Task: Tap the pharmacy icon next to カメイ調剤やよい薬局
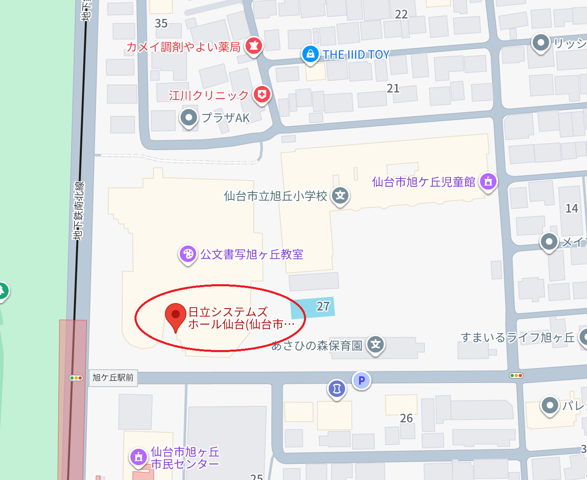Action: pos(254,46)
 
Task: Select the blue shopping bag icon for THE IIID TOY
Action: pos(311,54)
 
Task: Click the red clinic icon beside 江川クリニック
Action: pos(262,95)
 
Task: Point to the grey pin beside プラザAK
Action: pos(189,118)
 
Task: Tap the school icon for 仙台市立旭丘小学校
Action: pos(340,195)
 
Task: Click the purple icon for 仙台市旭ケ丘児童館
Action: pos(488,181)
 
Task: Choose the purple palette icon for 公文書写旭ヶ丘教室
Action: pos(188,254)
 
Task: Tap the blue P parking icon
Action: pos(362,380)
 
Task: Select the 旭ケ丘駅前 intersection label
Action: pos(113,378)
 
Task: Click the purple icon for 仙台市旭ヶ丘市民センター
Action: pos(139,457)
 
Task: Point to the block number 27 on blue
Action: pos(323,306)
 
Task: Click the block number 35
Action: pos(161,23)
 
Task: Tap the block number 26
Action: pos(406,418)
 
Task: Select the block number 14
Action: pos(571,209)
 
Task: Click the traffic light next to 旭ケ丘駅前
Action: pos(76,378)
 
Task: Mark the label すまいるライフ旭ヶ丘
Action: pos(517,338)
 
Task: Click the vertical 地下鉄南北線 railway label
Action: pos(78,211)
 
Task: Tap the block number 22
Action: pos(401,14)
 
